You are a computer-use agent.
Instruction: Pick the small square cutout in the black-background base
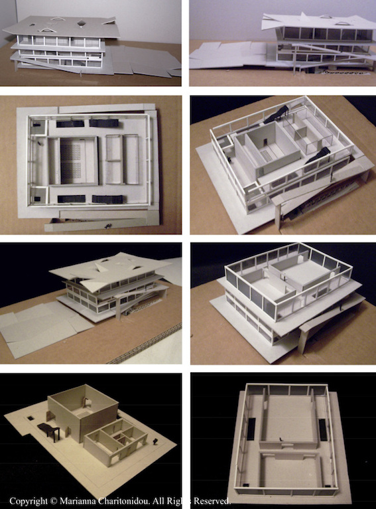[31, 418]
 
